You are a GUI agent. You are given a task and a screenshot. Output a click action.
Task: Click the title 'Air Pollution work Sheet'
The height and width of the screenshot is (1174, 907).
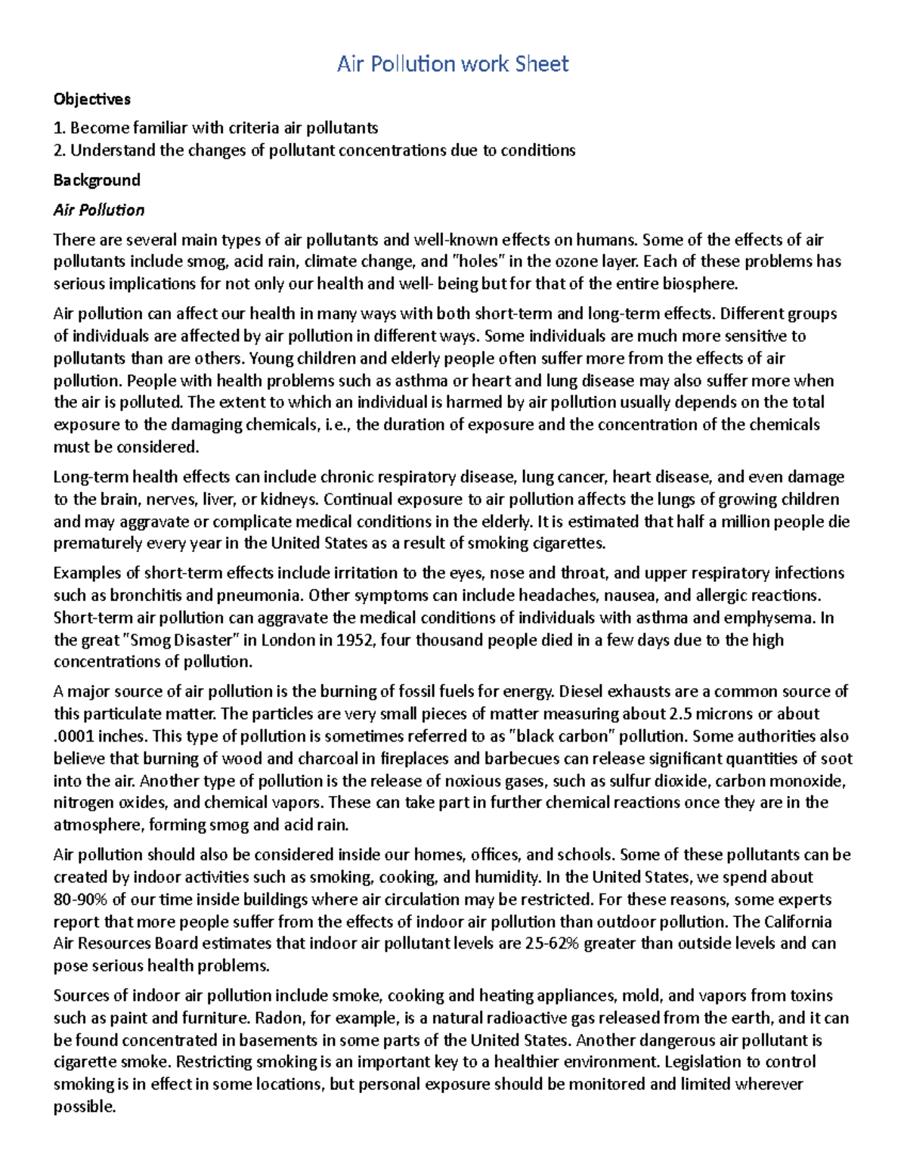pos(452,64)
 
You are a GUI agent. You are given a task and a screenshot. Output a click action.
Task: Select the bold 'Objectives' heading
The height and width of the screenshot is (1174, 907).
pos(91,99)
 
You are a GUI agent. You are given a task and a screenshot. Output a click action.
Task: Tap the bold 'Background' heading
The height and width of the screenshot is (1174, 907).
pos(97,180)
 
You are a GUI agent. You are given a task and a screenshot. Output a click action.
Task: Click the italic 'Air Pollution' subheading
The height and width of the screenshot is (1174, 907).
pos(98,210)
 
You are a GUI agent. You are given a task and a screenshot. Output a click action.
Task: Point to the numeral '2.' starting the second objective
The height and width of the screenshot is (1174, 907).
pos(60,150)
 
